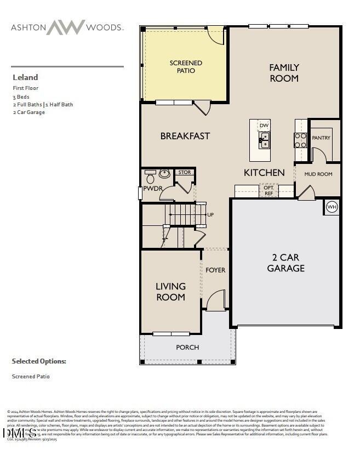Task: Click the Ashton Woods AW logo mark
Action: pos(65,27)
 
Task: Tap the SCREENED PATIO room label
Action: pos(186,67)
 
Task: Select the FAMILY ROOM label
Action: pos(284,73)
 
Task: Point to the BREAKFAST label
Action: pos(185,136)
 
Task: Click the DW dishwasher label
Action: pos(264,126)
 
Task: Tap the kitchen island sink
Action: pos(264,140)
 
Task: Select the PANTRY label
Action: pos(321,138)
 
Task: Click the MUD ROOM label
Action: pos(318,174)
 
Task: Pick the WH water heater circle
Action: pos(332,207)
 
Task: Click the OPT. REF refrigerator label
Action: pos(268,190)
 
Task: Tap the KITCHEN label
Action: pos(264,173)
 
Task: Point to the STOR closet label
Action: pos(185,172)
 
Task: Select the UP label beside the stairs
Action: pos(210,214)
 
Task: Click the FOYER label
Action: pos(215,270)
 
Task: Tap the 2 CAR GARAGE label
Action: pos(285,263)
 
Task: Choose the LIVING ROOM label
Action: pos(170,292)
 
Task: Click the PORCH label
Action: pos(187,347)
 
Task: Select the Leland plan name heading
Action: pos(25,77)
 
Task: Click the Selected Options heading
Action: pos(39,361)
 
